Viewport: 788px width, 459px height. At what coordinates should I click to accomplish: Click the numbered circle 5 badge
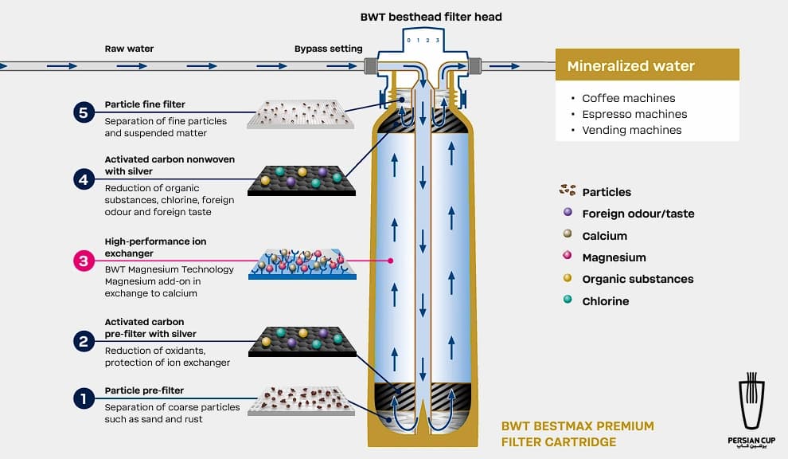tap(84, 112)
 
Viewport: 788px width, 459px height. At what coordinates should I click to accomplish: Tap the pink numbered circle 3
tap(84, 261)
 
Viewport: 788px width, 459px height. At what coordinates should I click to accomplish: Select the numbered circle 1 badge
tap(84, 399)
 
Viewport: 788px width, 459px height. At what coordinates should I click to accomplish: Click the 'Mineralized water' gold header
tap(647, 65)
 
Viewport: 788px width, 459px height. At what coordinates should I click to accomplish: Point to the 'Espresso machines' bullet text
tap(634, 114)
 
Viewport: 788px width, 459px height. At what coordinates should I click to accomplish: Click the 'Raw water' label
tap(129, 49)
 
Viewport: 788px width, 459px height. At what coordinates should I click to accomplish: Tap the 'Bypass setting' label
tap(328, 49)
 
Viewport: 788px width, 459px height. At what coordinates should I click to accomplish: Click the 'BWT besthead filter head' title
tap(431, 17)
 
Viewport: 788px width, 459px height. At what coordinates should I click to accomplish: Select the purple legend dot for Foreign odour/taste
tap(568, 212)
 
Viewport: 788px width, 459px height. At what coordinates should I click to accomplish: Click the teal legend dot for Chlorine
tap(568, 300)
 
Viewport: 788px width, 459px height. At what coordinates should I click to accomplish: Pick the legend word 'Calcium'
tap(605, 236)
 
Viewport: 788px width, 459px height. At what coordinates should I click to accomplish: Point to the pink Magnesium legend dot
tap(568, 255)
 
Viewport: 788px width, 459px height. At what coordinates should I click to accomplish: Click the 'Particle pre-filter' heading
tap(144, 390)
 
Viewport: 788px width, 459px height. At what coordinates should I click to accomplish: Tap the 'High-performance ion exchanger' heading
tap(155, 247)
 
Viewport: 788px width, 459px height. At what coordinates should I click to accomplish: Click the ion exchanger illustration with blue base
tap(302, 264)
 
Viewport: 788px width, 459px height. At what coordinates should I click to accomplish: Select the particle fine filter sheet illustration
tap(301, 114)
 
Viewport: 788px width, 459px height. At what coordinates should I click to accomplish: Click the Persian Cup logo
tap(751, 410)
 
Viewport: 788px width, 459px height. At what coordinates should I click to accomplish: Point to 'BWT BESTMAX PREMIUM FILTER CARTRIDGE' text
tap(577, 433)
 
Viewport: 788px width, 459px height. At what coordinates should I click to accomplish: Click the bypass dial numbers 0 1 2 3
tap(423, 41)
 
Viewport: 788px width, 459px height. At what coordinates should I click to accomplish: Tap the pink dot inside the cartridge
tap(391, 261)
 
